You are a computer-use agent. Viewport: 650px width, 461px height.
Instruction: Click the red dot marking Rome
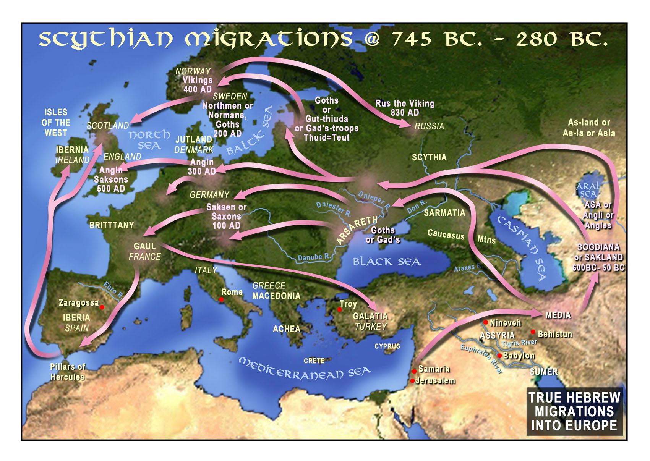(x=221, y=300)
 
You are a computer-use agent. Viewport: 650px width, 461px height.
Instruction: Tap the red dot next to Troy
(x=339, y=309)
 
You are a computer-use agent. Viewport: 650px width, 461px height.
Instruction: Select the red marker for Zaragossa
(x=102, y=307)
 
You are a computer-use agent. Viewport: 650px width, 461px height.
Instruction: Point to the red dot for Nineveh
(x=486, y=322)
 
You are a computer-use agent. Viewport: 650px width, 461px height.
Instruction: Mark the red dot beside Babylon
(x=499, y=356)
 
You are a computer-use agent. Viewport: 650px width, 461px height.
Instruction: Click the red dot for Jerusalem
(x=413, y=381)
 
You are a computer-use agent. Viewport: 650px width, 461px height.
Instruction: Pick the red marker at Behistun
(x=533, y=332)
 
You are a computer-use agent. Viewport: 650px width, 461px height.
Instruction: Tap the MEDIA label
(x=558, y=315)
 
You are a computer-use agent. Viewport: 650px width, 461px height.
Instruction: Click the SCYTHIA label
(x=429, y=157)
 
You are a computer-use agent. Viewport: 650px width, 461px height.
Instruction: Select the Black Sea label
(x=386, y=262)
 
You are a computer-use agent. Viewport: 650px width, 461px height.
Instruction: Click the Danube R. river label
(x=314, y=257)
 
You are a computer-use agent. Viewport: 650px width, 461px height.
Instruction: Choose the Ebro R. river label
(x=113, y=290)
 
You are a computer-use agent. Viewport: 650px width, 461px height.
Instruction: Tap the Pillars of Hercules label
(x=68, y=372)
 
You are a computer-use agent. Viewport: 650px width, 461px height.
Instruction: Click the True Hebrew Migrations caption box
(x=574, y=411)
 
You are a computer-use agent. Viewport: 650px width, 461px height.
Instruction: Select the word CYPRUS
(x=387, y=346)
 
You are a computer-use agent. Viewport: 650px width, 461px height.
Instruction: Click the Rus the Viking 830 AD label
(x=405, y=108)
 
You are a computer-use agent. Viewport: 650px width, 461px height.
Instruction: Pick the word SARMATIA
(x=444, y=213)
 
